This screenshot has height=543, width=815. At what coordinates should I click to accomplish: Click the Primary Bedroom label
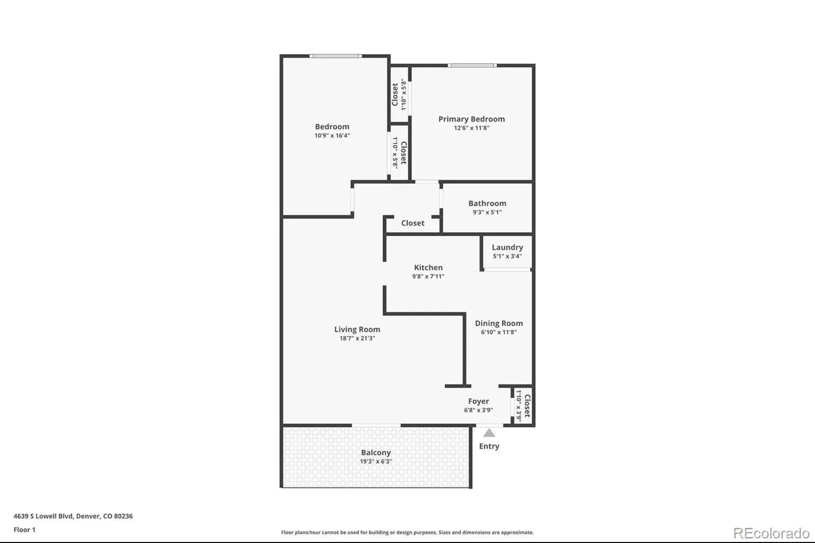pos(472,119)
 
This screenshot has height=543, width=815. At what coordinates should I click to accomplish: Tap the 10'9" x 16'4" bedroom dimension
pos(332,135)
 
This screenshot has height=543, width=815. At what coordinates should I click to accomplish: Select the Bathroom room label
pos(487,203)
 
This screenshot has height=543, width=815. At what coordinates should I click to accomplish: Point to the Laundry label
pos(507,248)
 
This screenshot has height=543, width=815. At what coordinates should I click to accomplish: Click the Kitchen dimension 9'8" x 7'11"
pos(428,276)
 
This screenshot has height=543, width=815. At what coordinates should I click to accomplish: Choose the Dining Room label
pos(499,323)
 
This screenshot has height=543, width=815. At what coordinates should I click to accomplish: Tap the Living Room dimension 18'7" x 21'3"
pos(357,338)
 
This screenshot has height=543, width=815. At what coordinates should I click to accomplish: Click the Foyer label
pos(478,401)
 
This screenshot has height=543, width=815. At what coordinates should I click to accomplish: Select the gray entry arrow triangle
pos(489,433)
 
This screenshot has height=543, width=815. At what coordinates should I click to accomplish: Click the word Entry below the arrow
pos(489,446)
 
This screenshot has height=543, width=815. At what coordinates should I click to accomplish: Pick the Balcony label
pos(376,452)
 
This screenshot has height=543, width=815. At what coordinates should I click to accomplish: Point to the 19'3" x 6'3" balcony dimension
pos(376,461)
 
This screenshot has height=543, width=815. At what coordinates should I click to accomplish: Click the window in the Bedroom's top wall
pos(336,56)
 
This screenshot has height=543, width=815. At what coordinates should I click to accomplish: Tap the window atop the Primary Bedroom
pos(472,66)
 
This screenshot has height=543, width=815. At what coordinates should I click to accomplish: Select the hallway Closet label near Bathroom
pos(413,223)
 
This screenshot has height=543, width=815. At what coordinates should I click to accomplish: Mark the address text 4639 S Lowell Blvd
pos(43,516)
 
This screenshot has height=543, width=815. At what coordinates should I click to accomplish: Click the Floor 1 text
pos(24,530)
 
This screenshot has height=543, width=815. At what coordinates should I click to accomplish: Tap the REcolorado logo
pos(771,533)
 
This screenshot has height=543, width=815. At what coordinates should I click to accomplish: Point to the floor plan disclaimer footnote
pos(407,532)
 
